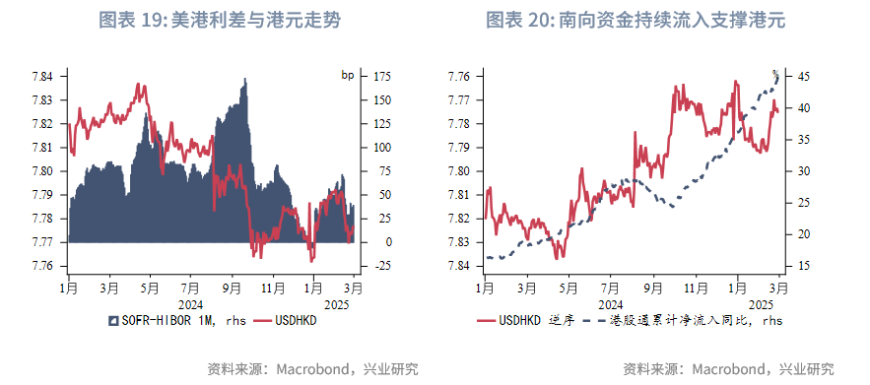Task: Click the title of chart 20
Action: (x=641, y=20)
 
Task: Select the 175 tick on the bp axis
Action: (x=382, y=76)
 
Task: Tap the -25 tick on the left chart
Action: (x=381, y=266)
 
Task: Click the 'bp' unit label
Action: (x=347, y=76)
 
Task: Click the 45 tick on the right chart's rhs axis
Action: (x=803, y=76)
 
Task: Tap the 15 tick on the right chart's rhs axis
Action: (x=803, y=266)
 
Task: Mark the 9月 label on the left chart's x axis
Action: (x=233, y=288)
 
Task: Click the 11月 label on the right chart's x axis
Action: (x=695, y=288)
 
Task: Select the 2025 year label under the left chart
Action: (x=338, y=304)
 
